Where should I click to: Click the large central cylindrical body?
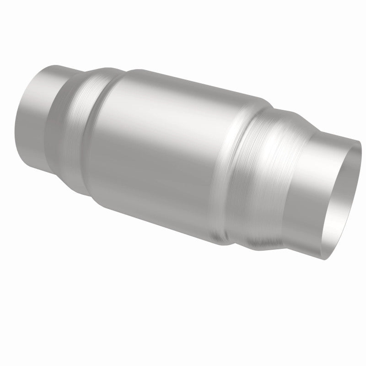pyautogui.click(x=160, y=151)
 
